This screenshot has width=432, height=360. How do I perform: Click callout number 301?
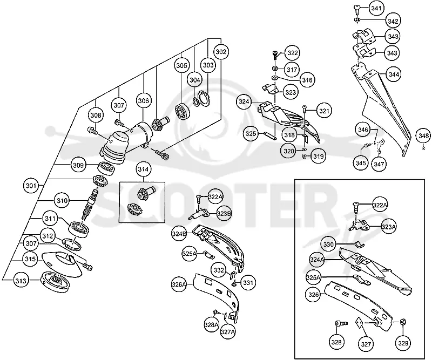pyautogui.click(x=31, y=186)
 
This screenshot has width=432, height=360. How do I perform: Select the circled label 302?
pyautogui.click(x=221, y=52)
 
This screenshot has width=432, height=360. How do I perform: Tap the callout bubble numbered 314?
pyautogui.click(x=144, y=169)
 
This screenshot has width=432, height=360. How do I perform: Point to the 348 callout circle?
pyautogui.click(x=424, y=135)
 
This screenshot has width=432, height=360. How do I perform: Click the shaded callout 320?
pyautogui.click(x=289, y=151)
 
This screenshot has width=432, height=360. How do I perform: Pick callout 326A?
pyautogui.click(x=179, y=284)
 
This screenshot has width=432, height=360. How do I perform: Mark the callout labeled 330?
pyautogui.click(x=328, y=244)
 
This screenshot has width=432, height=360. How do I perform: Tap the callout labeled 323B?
pyautogui.click(x=224, y=214)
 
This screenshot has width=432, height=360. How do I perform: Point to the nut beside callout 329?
pyautogui.click(x=402, y=322)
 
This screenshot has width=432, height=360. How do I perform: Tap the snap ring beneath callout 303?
pyautogui.click(x=204, y=98)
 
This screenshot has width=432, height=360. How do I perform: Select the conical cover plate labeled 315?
pyautogui.click(x=62, y=264)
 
